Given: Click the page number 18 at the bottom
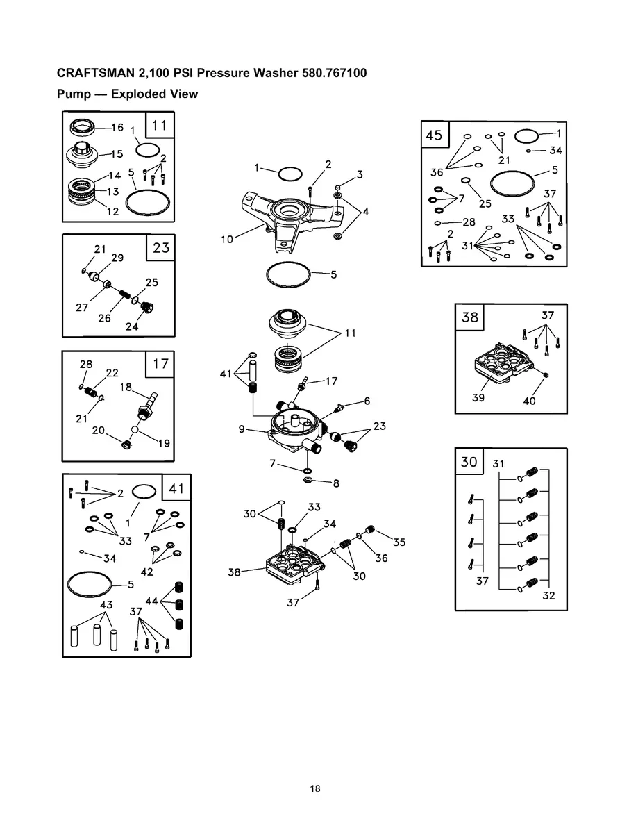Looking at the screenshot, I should click(315, 789).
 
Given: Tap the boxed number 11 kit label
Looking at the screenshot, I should click(159, 126).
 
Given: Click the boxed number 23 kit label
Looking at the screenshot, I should click(160, 247).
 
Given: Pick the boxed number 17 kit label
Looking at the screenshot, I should click(160, 363).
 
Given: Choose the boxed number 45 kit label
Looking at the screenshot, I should click(434, 135).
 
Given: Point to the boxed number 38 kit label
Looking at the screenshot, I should click(470, 317).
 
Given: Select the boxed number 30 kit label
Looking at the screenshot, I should click(469, 461).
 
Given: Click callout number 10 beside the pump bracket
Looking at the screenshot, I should click(227, 240).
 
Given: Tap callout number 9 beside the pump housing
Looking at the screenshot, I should click(242, 429).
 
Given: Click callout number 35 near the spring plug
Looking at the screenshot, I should click(399, 542).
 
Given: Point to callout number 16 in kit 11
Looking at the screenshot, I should click(117, 128).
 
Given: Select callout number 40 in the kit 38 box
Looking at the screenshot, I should click(529, 401).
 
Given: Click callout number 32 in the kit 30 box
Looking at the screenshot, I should click(548, 595).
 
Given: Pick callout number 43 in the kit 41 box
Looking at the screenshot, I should click(106, 605).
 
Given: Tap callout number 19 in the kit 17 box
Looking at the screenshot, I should click(163, 442).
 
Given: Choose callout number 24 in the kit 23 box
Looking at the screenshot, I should click(132, 326).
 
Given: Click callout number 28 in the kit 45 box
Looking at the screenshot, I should click(469, 222).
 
